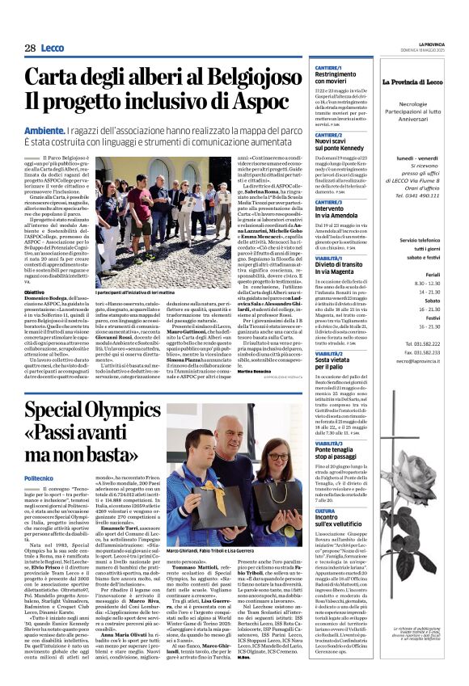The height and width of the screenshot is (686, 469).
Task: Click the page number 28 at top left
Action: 30,48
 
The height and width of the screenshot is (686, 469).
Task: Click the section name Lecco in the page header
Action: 53,48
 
